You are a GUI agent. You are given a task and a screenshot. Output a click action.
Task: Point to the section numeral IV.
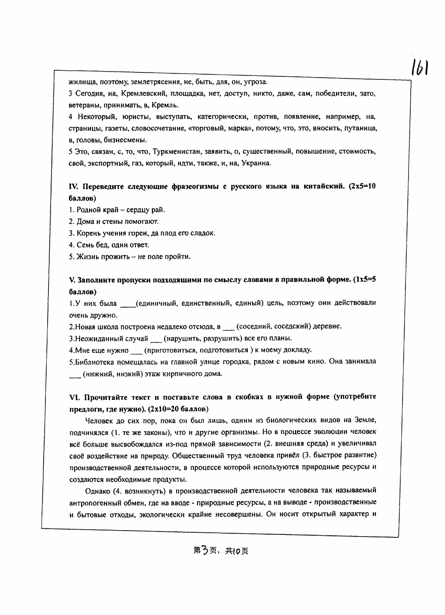(73, 187)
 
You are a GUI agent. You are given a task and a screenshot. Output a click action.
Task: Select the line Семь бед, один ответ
(109, 245)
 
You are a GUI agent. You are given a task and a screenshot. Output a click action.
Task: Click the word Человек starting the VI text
(98, 420)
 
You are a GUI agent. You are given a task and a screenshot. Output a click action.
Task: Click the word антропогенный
(90, 502)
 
